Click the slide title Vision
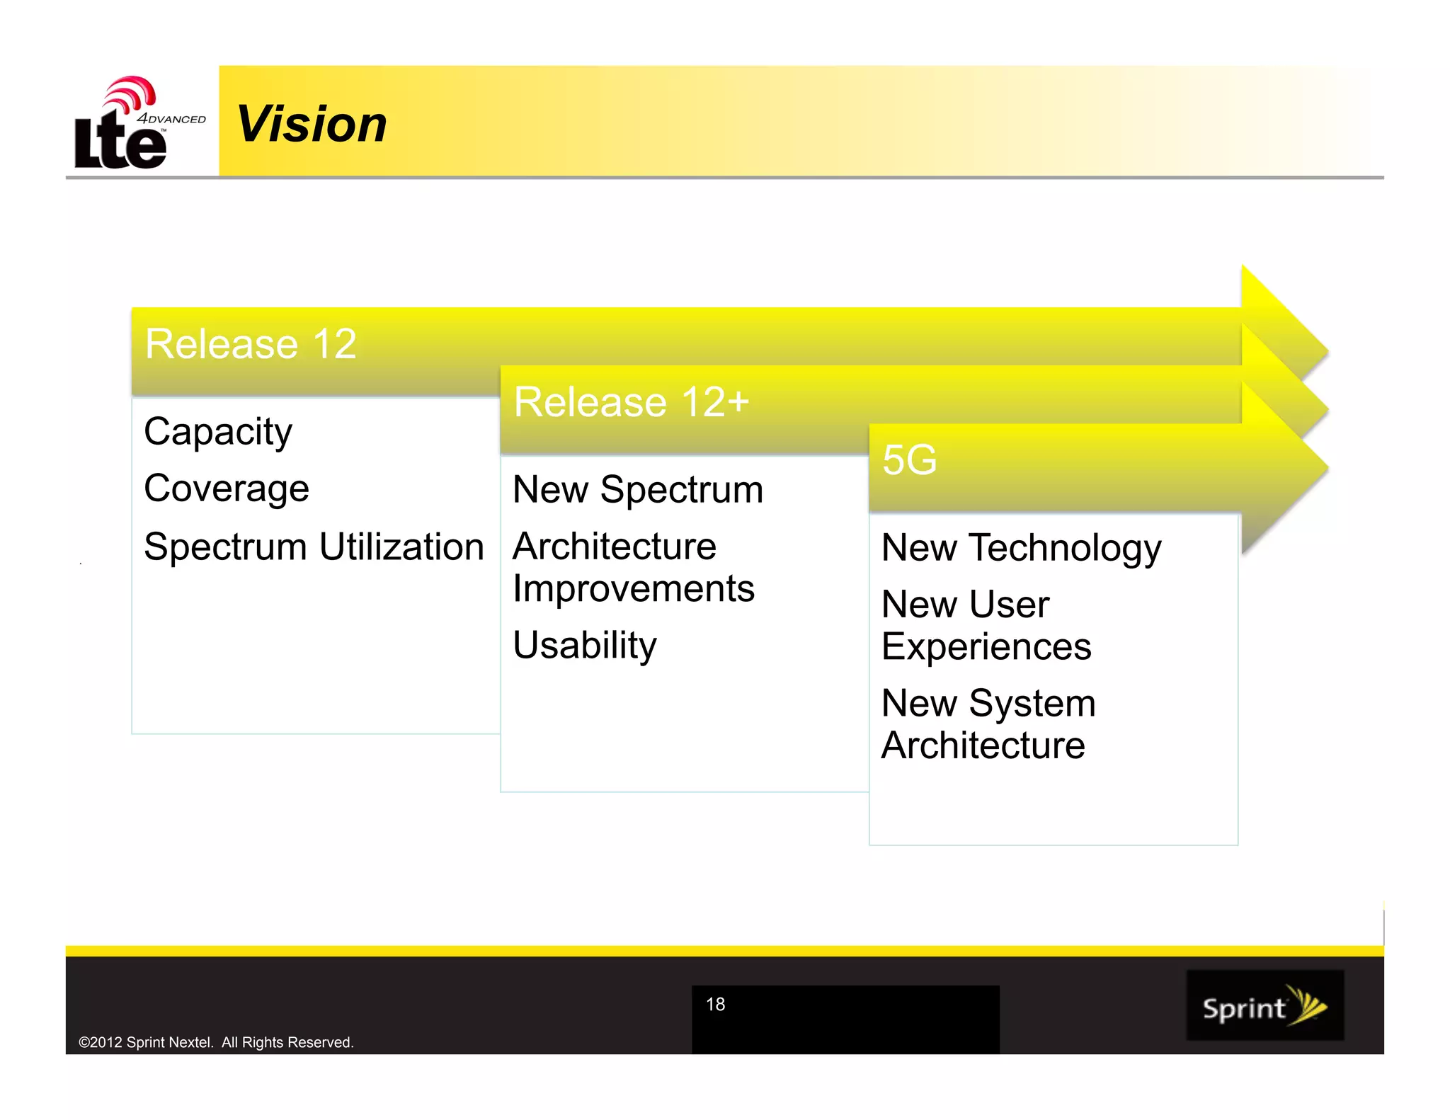pos(312,125)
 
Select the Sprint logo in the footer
pos(1265,1006)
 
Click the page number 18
pos(715,1005)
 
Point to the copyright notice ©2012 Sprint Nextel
pos(216,1042)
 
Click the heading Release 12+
pos(631,402)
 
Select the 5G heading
pos(909,460)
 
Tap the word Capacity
pos(218,432)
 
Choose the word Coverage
pos(227,488)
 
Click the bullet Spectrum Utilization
pos(314,547)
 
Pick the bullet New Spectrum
pos(638,490)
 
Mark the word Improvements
pos(634,589)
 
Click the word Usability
pos(585,646)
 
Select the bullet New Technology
pos(1021,549)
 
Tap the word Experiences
pos(986,647)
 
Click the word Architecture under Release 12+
pos(615,547)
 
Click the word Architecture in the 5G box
pos(983,745)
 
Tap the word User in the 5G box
pos(1009,605)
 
